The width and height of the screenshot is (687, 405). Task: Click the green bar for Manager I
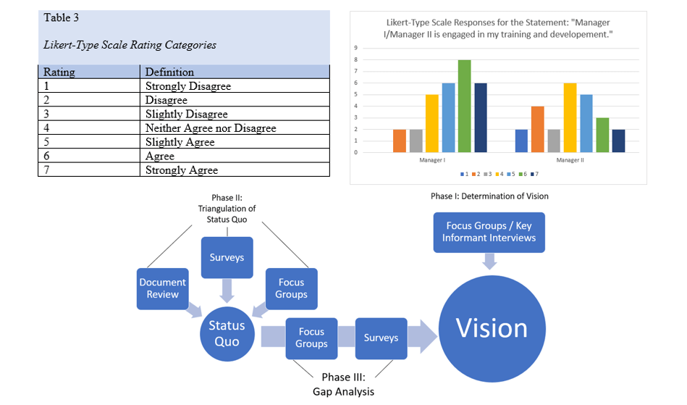(464, 107)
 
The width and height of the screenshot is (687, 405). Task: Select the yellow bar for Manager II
(570, 118)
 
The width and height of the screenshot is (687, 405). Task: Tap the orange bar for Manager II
(536, 130)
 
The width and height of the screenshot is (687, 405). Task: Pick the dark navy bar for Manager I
(481, 118)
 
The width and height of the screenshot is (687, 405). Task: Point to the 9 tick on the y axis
(355, 48)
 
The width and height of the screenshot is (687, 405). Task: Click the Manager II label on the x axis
(570, 159)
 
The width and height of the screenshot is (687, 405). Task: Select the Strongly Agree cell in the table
(182, 170)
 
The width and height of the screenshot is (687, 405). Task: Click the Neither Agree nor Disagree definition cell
(211, 128)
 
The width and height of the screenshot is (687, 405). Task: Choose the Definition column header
(169, 72)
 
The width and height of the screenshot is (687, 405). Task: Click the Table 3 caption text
(62, 17)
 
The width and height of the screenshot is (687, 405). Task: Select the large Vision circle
(492, 329)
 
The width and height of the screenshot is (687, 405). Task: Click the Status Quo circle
(227, 333)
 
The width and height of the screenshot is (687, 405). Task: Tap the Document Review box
(163, 288)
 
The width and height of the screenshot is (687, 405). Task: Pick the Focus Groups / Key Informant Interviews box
(491, 233)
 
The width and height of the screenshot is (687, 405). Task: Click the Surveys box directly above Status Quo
(227, 257)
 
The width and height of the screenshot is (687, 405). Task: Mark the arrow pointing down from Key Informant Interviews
(491, 262)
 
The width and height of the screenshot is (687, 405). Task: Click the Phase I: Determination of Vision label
(489, 196)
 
